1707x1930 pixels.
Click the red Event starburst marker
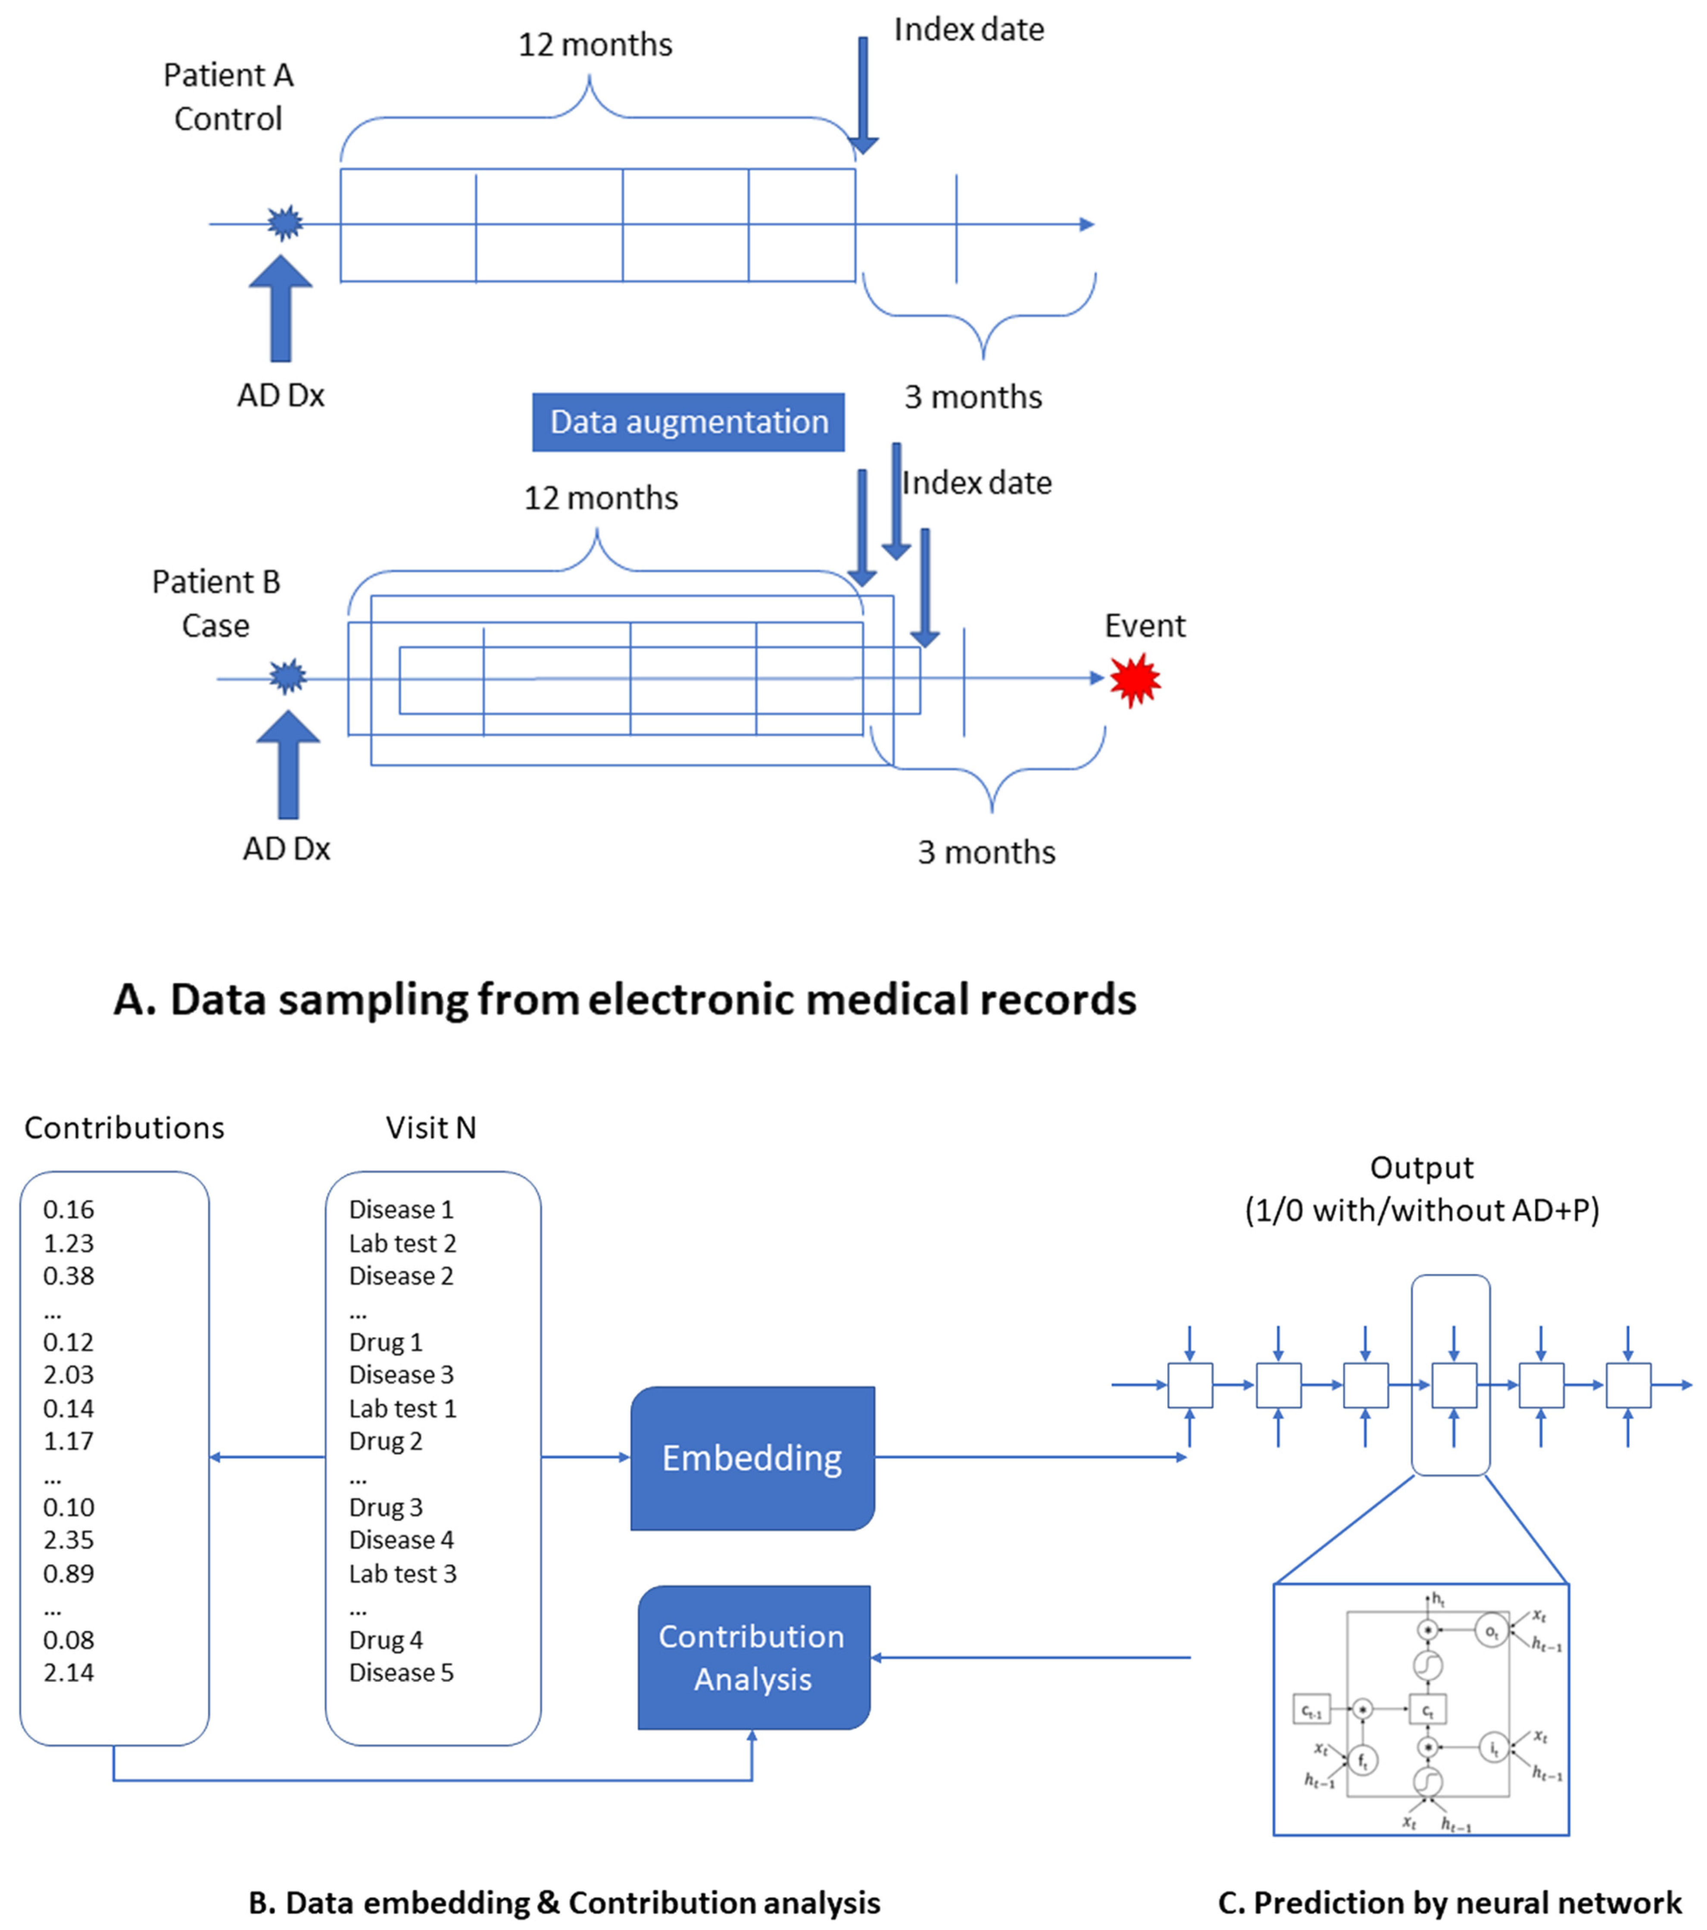(x=1135, y=680)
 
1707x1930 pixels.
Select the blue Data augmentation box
(x=688, y=422)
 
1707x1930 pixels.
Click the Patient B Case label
(x=216, y=603)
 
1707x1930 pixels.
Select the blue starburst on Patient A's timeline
(x=284, y=224)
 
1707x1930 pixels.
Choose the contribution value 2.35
(x=69, y=1540)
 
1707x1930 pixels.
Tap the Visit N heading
(x=431, y=1127)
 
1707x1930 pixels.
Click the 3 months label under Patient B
(x=986, y=853)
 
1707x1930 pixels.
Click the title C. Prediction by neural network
(x=1449, y=1902)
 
